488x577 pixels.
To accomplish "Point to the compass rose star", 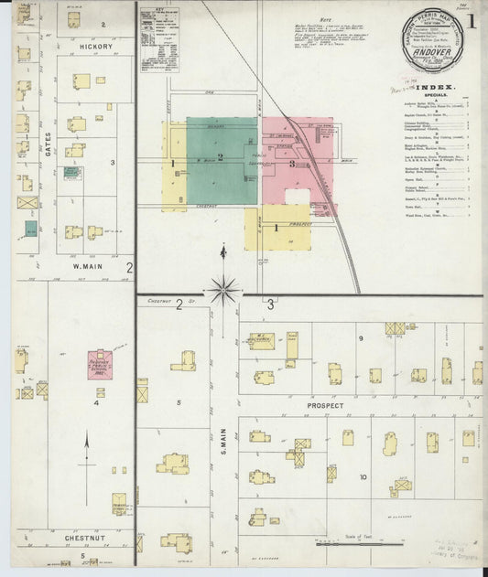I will pos(222,291).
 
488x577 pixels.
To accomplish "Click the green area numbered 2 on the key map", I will pos(222,157).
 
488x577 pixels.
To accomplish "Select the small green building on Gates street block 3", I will pos(32,228).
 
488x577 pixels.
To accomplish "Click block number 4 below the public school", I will pos(95,401).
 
